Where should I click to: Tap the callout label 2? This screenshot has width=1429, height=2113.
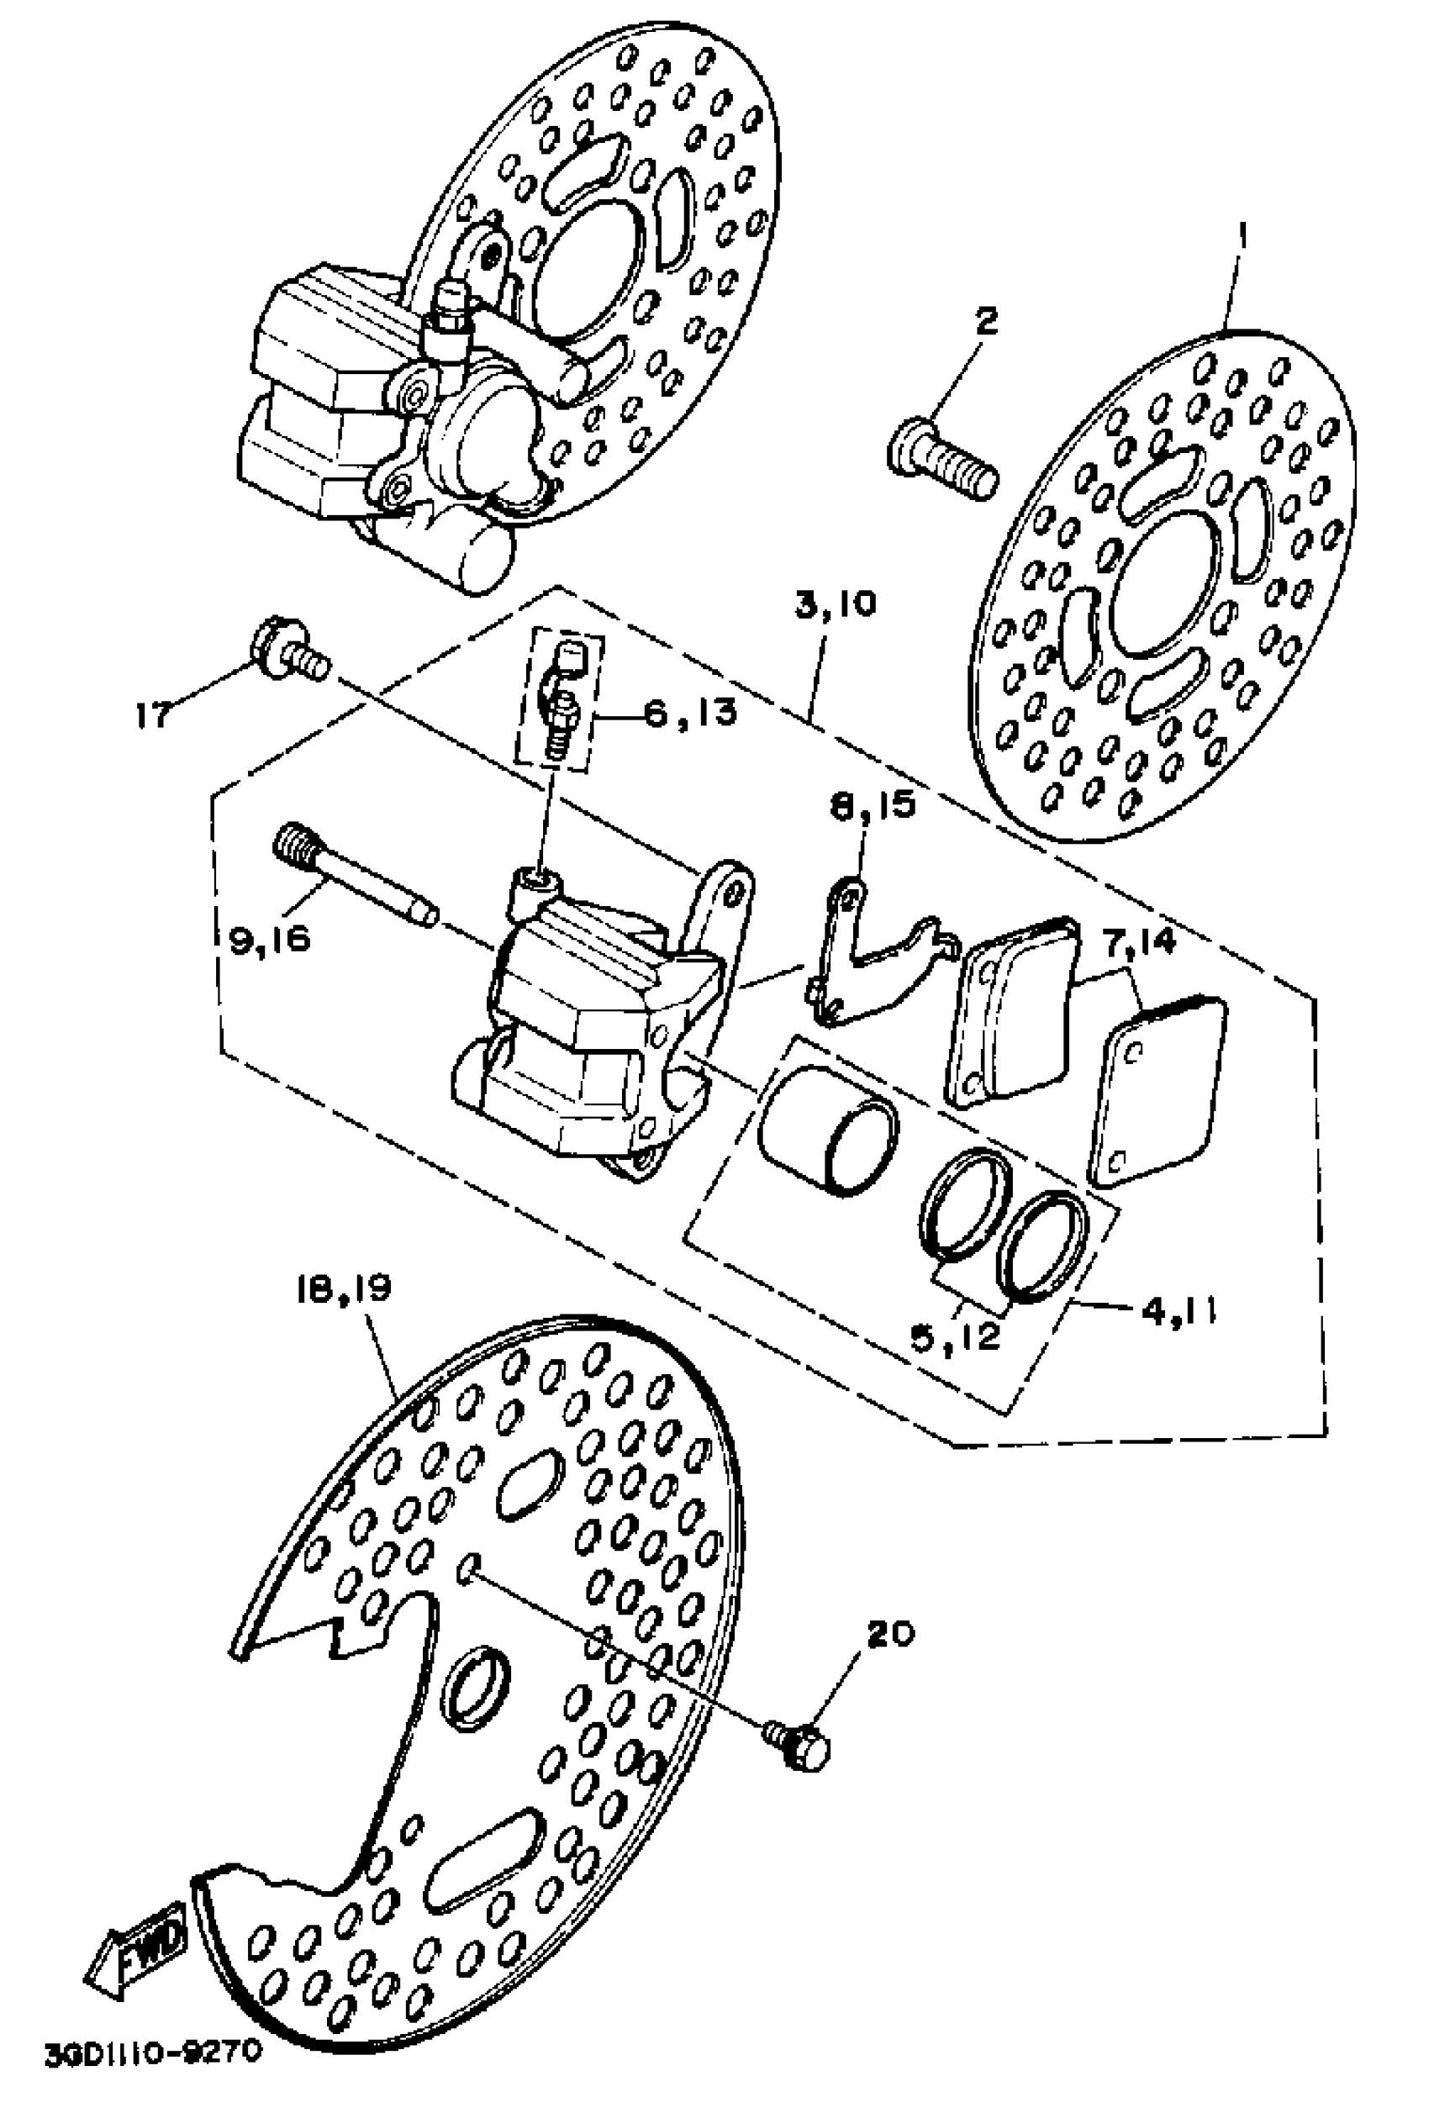click(985, 320)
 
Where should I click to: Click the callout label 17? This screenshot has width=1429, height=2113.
click(154, 714)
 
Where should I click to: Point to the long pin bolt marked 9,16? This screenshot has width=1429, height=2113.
click(354, 877)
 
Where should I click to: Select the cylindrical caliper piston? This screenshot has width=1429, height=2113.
click(827, 1127)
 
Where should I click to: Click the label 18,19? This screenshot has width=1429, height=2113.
click(342, 1290)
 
